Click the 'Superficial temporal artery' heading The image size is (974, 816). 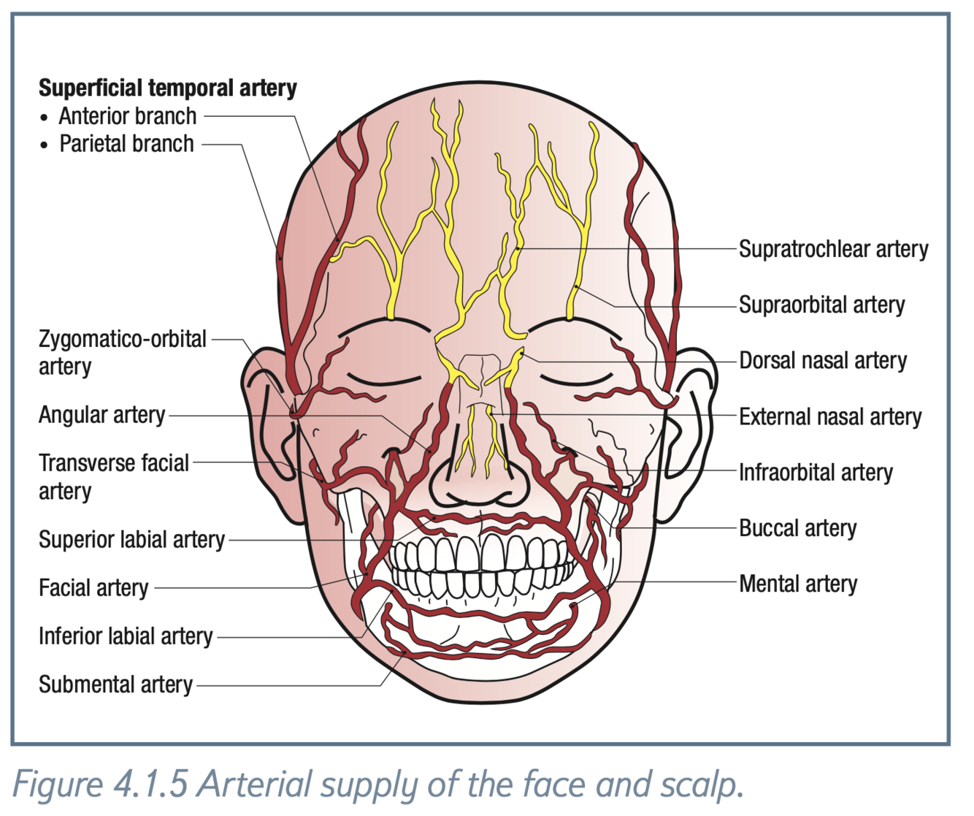coord(167,88)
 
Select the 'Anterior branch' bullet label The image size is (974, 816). coord(128,116)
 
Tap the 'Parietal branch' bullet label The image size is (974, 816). coord(126,144)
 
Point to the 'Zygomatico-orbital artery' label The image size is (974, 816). coord(122,352)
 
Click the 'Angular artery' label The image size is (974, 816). coord(101,415)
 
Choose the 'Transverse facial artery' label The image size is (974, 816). coord(113,476)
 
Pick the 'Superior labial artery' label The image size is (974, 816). coord(131,540)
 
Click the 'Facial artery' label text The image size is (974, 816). coord(93,588)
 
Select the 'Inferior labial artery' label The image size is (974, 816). coord(126,636)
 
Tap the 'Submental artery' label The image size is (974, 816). coord(115,685)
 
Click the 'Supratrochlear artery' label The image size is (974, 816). coord(833,249)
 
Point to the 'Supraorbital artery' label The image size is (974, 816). coord(821,305)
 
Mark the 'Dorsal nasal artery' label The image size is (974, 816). coord(823,360)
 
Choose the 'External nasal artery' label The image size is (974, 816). coord(830,416)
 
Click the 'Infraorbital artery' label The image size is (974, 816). coord(816,473)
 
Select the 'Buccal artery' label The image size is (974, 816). coord(797,528)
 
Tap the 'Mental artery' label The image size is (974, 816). coord(798,584)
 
